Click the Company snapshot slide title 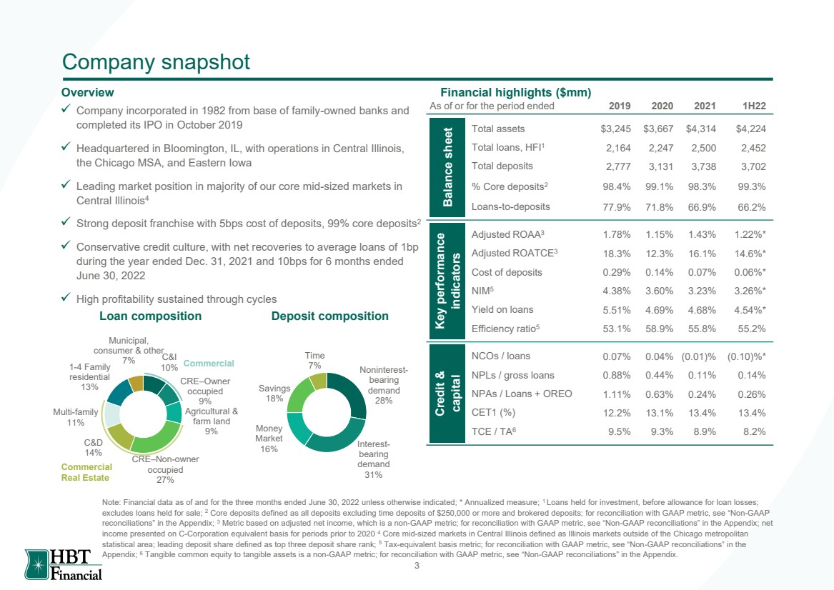coord(156,62)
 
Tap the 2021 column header coord(705,106)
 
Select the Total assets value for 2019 coord(615,129)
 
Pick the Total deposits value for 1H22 coord(753,166)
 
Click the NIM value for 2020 coord(659,291)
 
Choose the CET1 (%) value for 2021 coord(702,413)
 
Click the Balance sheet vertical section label coord(448,167)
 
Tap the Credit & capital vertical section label coord(448,394)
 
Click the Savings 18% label coord(274,394)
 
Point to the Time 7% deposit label coord(315,361)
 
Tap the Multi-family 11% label coord(76,417)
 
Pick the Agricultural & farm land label coord(211,421)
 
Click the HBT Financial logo coord(64,564)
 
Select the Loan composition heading coord(151,316)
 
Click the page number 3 coord(417,566)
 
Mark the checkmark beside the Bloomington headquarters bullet coord(66,146)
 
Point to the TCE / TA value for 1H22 coord(755,431)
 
